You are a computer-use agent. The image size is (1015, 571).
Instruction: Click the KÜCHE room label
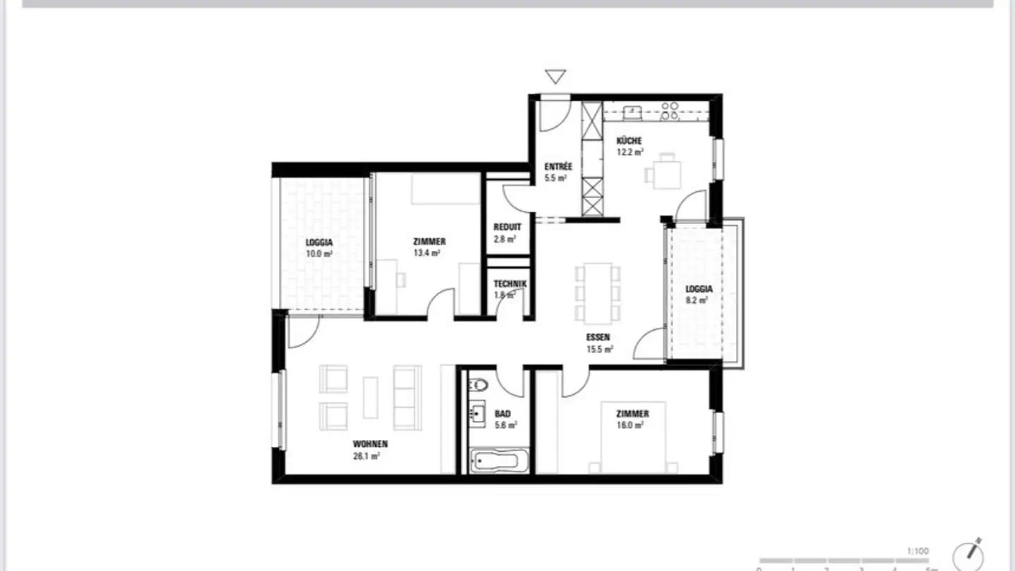(x=629, y=141)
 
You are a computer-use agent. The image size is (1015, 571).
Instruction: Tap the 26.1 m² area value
(x=367, y=456)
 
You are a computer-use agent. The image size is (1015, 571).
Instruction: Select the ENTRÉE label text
(x=558, y=167)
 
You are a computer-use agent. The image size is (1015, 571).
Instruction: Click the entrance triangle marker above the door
(x=556, y=76)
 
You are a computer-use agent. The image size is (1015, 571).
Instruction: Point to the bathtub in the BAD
(x=495, y=462)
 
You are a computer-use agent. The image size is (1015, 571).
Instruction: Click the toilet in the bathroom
(x=479, y=385)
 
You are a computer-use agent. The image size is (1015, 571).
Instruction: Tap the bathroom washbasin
(x=477, y=414)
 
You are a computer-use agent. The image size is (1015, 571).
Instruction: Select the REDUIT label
(x=508, y=227)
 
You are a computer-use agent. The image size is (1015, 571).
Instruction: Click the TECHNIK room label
(x=510, y=284)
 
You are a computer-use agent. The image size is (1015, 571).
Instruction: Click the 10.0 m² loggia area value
(x=319, y=254)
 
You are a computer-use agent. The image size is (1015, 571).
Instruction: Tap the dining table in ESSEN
(x=598, y=291)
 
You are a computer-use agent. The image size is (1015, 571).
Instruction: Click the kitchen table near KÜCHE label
(x=667, y=172)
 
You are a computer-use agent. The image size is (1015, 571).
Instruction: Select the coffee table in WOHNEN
(x=371, y=397)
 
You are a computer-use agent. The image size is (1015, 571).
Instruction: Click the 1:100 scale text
(x=918, y=551)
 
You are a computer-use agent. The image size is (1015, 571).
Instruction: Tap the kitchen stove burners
(x=670, y=110)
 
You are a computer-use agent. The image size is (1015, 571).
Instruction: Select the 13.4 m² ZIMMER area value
(x=427, y=252)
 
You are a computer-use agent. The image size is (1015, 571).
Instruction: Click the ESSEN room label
(x=598, y=337)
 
